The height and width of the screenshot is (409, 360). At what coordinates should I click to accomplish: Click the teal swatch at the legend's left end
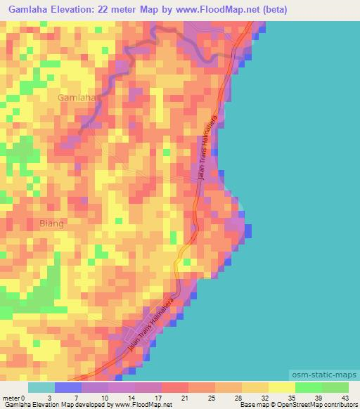pos(41,388)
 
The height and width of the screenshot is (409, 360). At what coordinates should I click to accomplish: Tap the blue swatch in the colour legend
pos(68,388)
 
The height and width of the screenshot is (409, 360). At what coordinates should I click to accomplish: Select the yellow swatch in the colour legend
pos(281,388)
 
